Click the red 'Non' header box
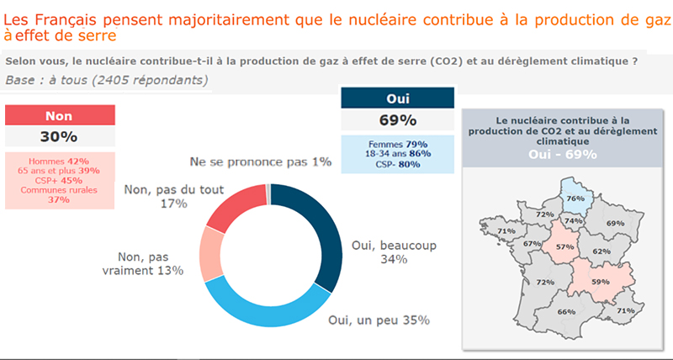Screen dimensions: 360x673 59,115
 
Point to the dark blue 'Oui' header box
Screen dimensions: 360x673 396,98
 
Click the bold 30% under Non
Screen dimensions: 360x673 59,136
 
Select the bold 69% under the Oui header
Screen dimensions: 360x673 396,119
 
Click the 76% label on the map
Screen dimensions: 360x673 575,199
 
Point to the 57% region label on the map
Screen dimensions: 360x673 565,247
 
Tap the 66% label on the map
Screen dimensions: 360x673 566,312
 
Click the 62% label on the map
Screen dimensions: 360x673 601,251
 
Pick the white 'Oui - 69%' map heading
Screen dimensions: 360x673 563,154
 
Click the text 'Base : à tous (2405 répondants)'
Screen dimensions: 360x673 106,80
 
